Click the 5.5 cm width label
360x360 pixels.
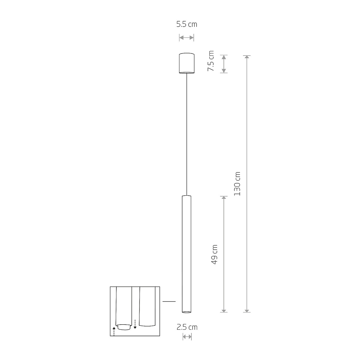pos(187,24)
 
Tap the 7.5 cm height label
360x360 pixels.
pos(211,61)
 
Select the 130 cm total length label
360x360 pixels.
pos(237,184)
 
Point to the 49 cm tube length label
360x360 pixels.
pos(214,254)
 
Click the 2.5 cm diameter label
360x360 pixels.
pos(187,327)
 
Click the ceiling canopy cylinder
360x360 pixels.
pos(187,63)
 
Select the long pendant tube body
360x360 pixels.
pos(186,252)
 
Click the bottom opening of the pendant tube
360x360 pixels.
pos(186,312)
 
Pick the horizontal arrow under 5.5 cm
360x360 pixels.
pos(187,37)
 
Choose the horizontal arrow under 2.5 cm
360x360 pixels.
pos(187,337)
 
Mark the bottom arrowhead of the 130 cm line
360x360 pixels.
pos(247,310)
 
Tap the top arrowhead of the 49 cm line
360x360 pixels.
pos(223,198)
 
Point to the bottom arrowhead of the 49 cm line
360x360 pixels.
pos(223,310)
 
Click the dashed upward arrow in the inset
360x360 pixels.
pos(114,331)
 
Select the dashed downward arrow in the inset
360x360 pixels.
pos(135,324)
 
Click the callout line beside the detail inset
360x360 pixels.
pos(169,301)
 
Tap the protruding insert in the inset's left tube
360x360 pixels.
pos(124,327)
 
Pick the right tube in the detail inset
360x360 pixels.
pos(147,306)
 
